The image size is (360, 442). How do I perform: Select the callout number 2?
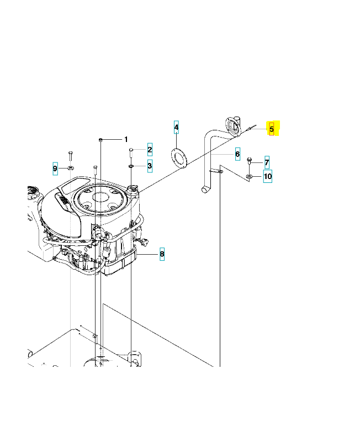150,150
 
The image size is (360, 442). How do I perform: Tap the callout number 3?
150,165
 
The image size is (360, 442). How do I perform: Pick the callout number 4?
176,128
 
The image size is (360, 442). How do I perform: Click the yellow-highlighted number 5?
271,129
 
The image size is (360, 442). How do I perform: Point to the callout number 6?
237,154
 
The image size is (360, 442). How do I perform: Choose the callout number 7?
267,162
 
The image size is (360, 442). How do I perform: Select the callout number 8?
162,254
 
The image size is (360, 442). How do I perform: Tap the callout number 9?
55,168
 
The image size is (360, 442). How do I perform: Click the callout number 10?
267,177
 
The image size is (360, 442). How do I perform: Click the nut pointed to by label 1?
101,139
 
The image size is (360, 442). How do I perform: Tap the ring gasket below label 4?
179,157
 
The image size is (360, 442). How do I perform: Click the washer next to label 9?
71,167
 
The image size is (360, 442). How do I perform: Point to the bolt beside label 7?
250,161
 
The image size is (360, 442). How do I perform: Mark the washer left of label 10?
250,176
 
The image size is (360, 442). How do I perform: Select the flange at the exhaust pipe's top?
232,126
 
